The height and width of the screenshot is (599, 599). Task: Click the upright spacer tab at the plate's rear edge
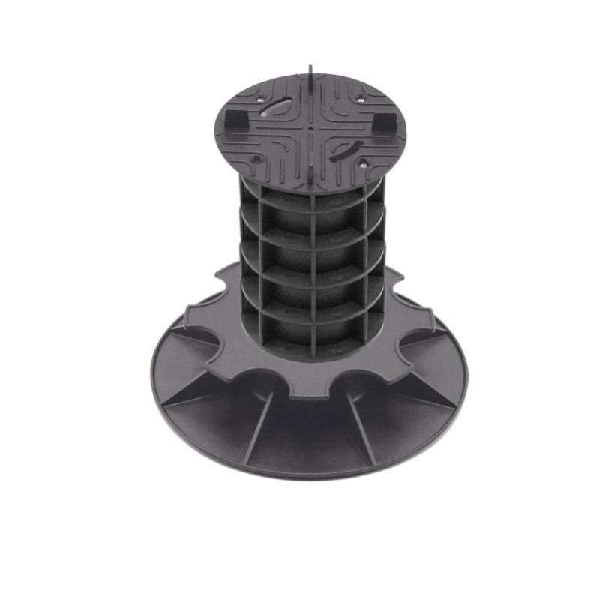310,73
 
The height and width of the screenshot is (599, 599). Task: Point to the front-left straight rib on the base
258,427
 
